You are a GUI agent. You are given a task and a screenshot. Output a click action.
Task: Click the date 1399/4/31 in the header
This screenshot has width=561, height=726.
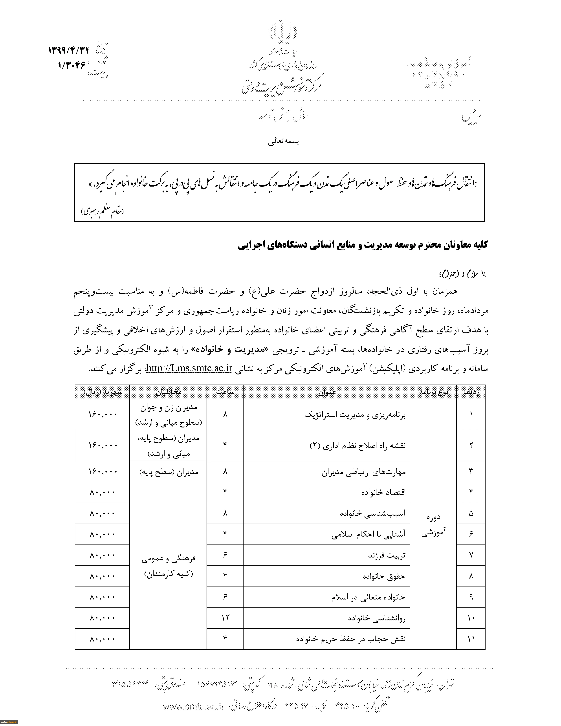click(69, 51)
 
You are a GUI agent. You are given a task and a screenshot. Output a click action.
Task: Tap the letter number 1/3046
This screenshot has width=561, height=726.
click(72, 65)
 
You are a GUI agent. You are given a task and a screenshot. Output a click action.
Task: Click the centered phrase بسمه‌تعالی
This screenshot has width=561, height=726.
click(284, 142)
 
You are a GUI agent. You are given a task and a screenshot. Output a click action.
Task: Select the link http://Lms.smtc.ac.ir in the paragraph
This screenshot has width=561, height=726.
click(189, 368)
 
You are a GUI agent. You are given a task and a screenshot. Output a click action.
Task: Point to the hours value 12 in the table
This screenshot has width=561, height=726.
click(225, 618)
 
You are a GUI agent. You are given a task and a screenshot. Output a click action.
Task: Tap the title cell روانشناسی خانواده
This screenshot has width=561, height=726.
click(377, 618)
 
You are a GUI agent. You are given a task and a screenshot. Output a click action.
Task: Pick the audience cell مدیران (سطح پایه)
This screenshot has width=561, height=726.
click(169, 472)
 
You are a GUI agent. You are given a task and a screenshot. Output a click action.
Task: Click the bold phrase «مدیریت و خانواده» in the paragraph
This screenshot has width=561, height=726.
click(230, 349)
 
